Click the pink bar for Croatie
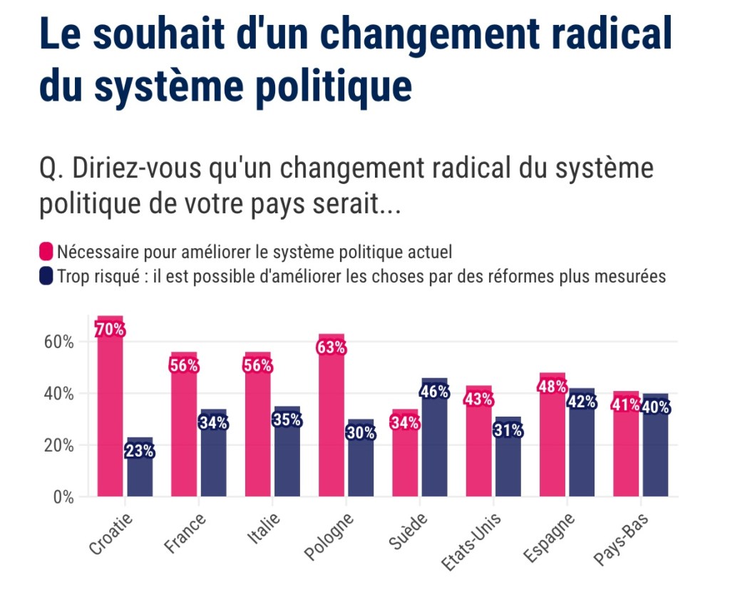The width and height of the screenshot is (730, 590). click(110, 414)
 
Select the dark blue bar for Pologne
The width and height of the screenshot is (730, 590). click(361, 464)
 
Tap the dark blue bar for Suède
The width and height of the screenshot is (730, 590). click(434, 442)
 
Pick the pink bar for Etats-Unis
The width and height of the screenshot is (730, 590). click(478, 449)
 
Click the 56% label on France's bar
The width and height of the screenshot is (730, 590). click(183, 366)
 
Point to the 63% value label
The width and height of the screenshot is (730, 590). click(331, 348)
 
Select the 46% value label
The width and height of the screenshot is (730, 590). click(434, 392)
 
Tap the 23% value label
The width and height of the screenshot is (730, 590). click(139, 451)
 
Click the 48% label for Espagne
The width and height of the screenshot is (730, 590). click(552, 387)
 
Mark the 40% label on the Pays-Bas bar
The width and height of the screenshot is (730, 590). click(655, 408)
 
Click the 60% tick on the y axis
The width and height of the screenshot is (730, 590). click(59, 342)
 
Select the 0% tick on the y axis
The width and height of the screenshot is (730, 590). click(63, 497)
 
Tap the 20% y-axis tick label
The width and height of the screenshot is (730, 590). click(59, 445)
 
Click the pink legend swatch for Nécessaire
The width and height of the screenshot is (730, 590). click(46, 252)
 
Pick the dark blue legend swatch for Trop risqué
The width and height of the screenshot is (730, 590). click(46, 276)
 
